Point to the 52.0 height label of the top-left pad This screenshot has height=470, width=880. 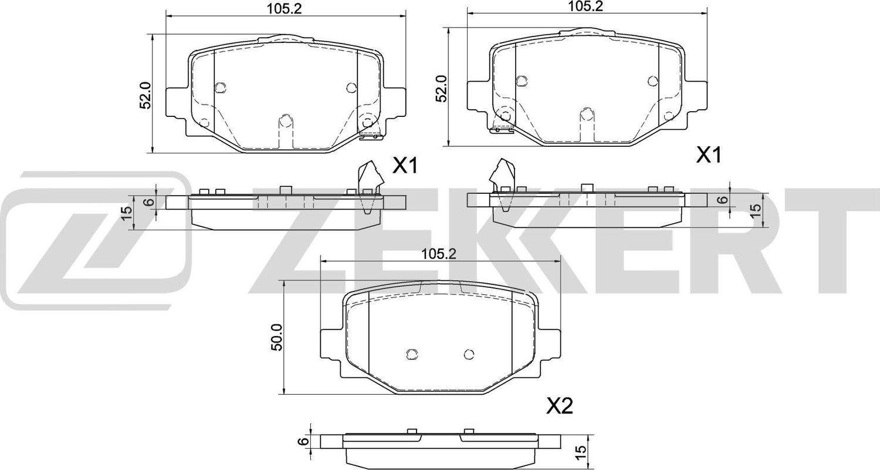pos(146,95)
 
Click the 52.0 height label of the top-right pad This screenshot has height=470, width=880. pos(443,88)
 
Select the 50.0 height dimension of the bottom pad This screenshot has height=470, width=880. pos(277,337)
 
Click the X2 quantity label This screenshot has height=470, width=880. pos(559,406)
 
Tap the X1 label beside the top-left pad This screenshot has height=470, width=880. pos(404,167)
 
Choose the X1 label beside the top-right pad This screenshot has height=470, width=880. pos(708,156)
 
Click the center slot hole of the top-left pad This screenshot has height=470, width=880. pos(285,121)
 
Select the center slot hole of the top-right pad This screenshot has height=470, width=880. pos(586,116)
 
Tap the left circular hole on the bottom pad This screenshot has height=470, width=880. pos(412,353)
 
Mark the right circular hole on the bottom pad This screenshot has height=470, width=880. pos(468,354)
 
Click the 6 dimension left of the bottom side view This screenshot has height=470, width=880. pos(303,441)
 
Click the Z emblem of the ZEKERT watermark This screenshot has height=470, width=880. pos(94,241)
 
